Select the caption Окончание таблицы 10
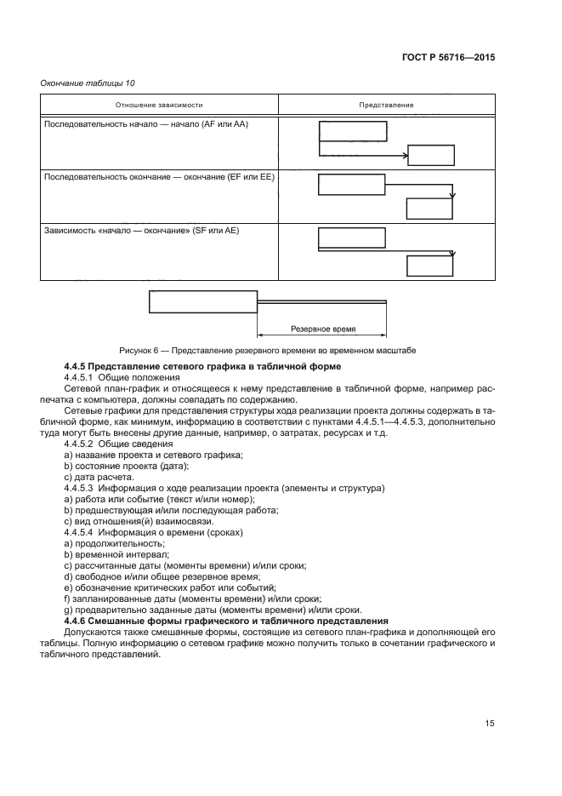click(88, 83)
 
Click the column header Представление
click(385, 105)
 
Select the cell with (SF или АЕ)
click(147, 229)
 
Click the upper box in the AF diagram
click(352, 131)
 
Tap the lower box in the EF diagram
click(430, 209)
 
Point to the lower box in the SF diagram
click(430, 265)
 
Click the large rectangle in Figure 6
click(202, 302)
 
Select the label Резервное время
click(322, 328)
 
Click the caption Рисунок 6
click(268, 351)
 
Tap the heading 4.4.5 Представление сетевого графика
click(202, 366)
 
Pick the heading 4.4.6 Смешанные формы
click(225, 621)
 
